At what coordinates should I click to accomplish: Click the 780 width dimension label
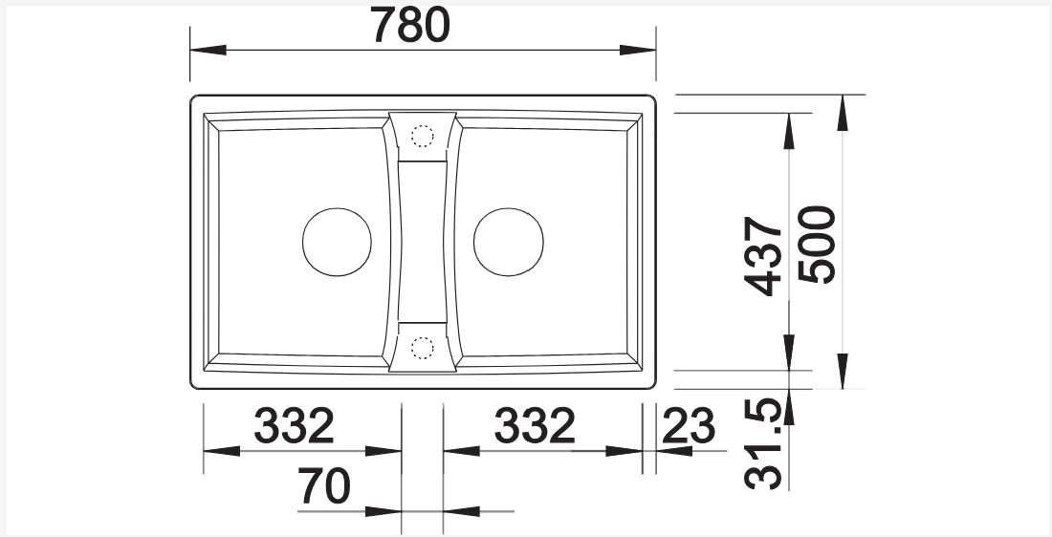pyautogui.click(x=410, y=26)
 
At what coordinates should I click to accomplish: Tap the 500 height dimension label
pyautogui.click(x=817, y=245)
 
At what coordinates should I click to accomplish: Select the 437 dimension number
pyautogui.click(x=763, y=256)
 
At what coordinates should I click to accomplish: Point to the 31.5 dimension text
pyautogui.click(x=763, y=443)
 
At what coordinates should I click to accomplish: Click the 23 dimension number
pyautogui.click(x=689, y=426)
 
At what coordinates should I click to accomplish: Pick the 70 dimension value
pyautogui.click(x=324, y=486)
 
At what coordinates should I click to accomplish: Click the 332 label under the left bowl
pyautogui.click(x=294, y=426)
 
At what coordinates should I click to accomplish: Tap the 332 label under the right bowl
pyautogui.click(x=535, y=426)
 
